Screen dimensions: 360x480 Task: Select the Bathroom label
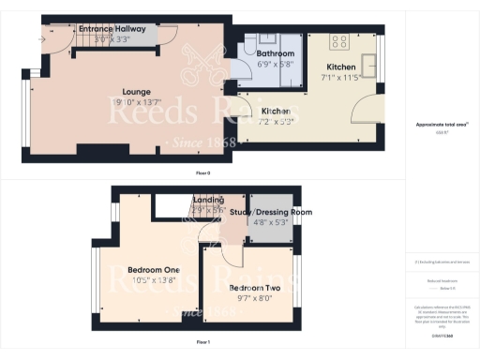click(x=275, y=54)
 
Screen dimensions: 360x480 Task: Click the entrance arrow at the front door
click(x=42, y=39)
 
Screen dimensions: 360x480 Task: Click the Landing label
click(x=208, y=201)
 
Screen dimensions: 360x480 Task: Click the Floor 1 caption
click(x=202, y=343)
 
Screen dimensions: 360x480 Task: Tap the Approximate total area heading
click(x=441, y=124)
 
